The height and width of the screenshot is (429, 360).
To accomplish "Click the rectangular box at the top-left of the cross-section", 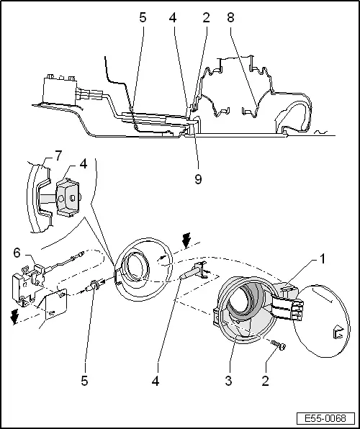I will point(58,89).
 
